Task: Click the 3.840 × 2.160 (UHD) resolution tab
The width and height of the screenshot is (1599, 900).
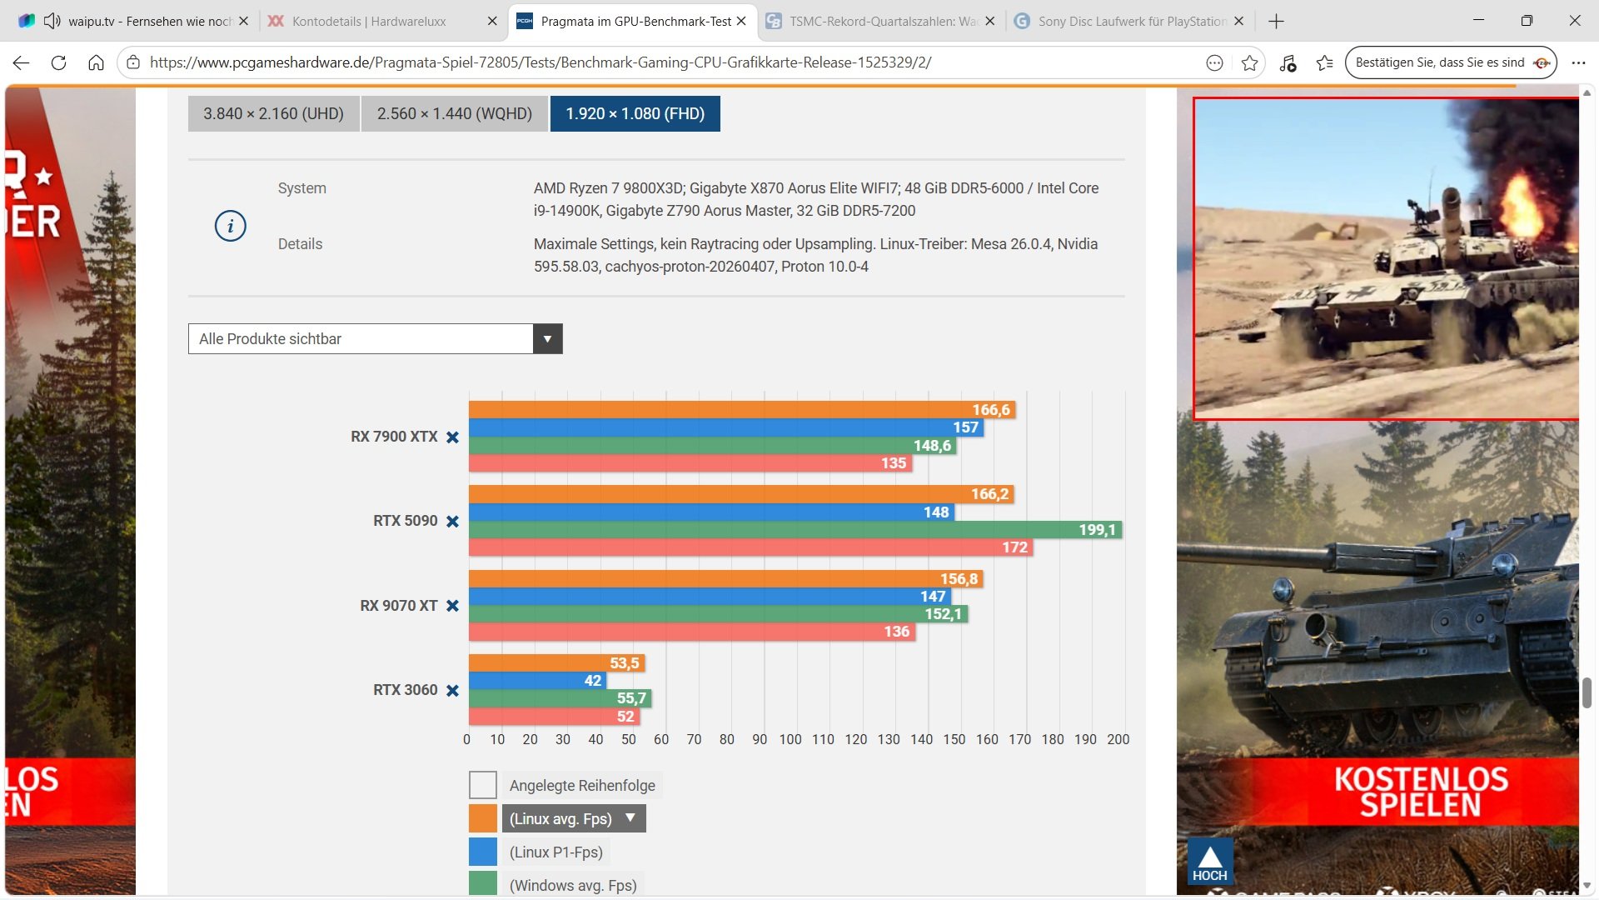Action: point(273,113)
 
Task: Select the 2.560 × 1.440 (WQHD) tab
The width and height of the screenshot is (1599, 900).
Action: point(454,113)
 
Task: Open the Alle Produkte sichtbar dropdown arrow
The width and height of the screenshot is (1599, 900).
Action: point(547,339)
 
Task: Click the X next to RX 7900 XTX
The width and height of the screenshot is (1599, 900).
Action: point(452,437)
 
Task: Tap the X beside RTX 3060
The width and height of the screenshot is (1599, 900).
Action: point(452,691)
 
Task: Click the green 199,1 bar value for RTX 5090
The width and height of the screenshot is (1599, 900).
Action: point(1097,530)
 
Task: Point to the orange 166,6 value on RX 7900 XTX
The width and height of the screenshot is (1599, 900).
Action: point(991,410)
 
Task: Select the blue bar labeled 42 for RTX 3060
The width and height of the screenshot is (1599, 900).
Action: point(538,681)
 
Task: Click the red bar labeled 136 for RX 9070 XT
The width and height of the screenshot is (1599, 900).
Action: point(692,632)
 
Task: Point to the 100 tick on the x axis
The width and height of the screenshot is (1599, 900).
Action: point(790,739)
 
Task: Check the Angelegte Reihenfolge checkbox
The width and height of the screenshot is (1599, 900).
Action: point(483,785)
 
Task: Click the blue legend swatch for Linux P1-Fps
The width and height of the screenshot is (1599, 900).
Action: point(483,852)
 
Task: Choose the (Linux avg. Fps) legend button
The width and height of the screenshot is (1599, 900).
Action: point(574,818)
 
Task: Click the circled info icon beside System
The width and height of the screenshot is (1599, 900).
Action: point(231,226)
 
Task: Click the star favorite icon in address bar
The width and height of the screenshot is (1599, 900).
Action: point(1249,62)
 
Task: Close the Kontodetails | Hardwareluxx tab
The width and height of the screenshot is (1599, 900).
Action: point(492,21)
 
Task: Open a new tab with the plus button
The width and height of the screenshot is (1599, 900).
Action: point(1276,21)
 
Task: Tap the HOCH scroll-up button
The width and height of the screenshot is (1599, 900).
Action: point(1209,862)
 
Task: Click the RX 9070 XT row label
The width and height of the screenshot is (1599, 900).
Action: point(398,606)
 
